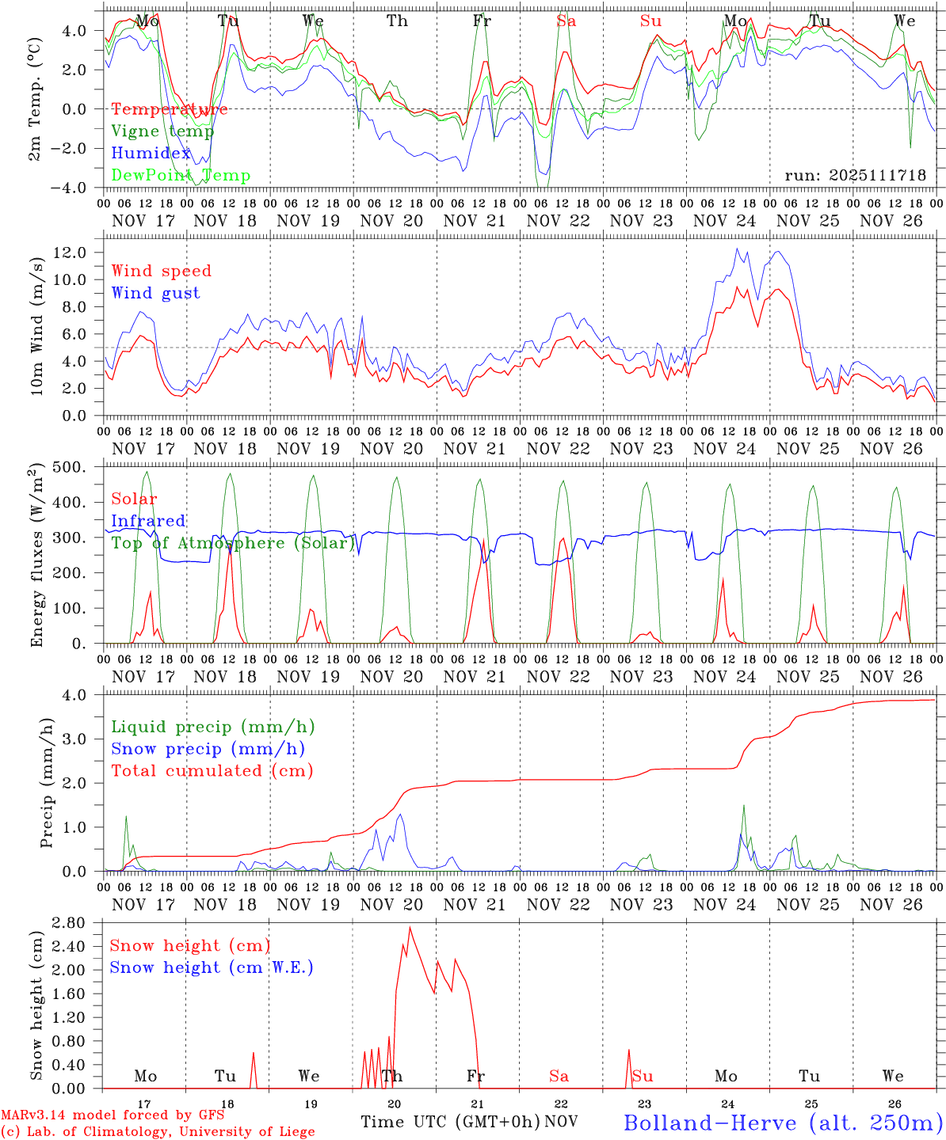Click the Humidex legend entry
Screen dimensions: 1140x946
151,154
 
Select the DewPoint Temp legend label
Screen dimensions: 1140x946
180,176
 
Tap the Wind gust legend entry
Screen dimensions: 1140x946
155,293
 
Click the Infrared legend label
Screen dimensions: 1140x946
148,521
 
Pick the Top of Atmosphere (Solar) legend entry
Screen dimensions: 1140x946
232,543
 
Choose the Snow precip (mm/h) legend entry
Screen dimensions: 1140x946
208,749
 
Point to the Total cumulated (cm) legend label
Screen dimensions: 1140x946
212,770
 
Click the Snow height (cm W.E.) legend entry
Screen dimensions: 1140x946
211,967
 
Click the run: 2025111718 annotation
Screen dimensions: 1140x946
855,176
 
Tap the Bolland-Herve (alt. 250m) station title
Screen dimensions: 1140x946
783,1123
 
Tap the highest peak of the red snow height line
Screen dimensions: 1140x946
410,927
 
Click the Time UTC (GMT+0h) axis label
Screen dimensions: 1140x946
450,1122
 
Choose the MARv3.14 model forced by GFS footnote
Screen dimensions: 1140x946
112,1115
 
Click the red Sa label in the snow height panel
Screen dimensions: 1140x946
559,1076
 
